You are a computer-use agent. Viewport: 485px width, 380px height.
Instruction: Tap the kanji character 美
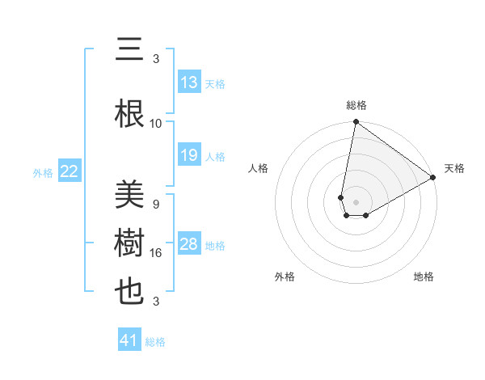(x=130, y=194)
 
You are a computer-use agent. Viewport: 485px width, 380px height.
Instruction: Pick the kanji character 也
(x=130, y=293)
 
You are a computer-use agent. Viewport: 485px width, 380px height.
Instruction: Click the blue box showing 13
(x=189, y=82)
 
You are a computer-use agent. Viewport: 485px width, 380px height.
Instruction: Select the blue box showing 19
(x=189, y=155)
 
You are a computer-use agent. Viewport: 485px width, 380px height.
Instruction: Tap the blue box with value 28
(x=189, y=244)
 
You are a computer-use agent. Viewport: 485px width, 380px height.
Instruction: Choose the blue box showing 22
(x=70, y=171)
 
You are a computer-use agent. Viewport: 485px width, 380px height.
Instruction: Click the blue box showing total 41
(x=129, y=340)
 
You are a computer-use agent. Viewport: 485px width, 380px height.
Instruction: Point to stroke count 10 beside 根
(x=156, y=123)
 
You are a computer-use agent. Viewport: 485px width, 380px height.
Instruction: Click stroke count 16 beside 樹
(x=156, y=252)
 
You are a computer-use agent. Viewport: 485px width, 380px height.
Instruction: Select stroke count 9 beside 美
(x=156, y=204)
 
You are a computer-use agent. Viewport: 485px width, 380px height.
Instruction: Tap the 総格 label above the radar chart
(x=356, y=105)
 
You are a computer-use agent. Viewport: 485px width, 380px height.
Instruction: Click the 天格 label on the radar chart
(x=454, y=168)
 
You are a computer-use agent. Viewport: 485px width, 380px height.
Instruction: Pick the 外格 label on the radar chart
(x=285, y=277)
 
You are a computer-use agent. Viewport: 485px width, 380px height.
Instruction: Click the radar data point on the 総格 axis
(x=356, y=123)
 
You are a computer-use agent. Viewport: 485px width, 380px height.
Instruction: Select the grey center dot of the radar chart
(x=356, y=201)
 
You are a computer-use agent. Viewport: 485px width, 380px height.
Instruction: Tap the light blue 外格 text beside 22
(x=43, y=172)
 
